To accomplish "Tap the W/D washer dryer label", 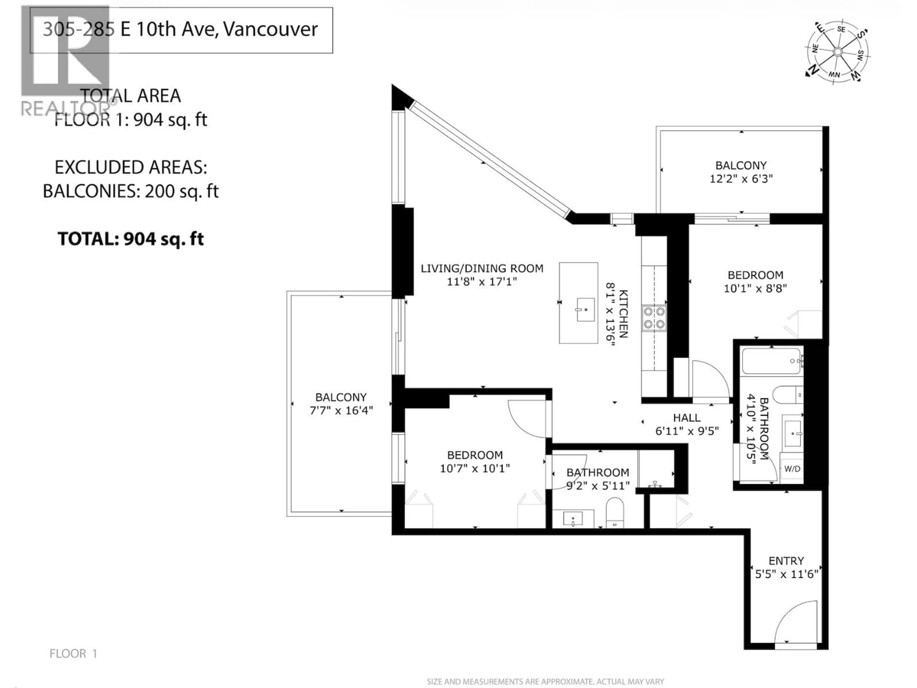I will (x=792, y=469).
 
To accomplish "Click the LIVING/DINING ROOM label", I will (x=482, y=268).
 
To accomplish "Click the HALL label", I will (x=687, y=418).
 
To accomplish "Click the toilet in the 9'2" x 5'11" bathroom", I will (x=615, y=513).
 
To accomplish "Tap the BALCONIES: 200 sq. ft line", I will (x=131, y=191).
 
